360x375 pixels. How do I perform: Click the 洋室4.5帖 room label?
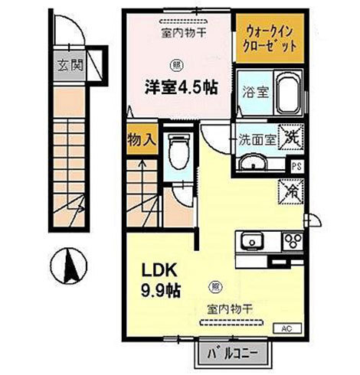(178, 86)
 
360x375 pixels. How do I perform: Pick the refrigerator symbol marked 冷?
(292, 188)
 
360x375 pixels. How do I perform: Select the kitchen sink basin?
(250, 243)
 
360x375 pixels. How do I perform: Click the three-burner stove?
(293, 242)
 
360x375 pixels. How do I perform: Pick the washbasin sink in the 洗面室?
(250, 163)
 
